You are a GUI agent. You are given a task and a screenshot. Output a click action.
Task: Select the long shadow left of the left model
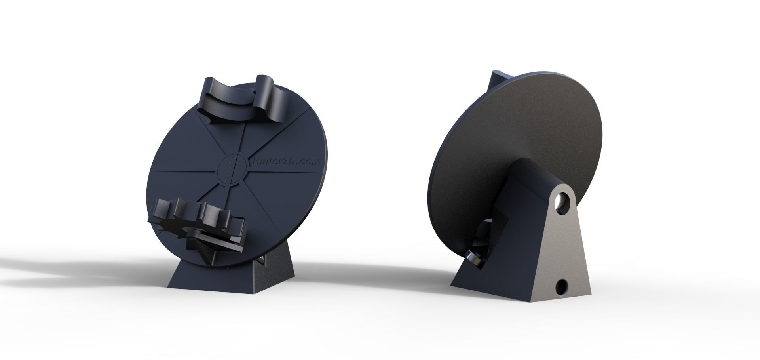point(79,273)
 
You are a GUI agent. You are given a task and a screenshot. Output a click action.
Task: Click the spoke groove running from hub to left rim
point(186,171)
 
